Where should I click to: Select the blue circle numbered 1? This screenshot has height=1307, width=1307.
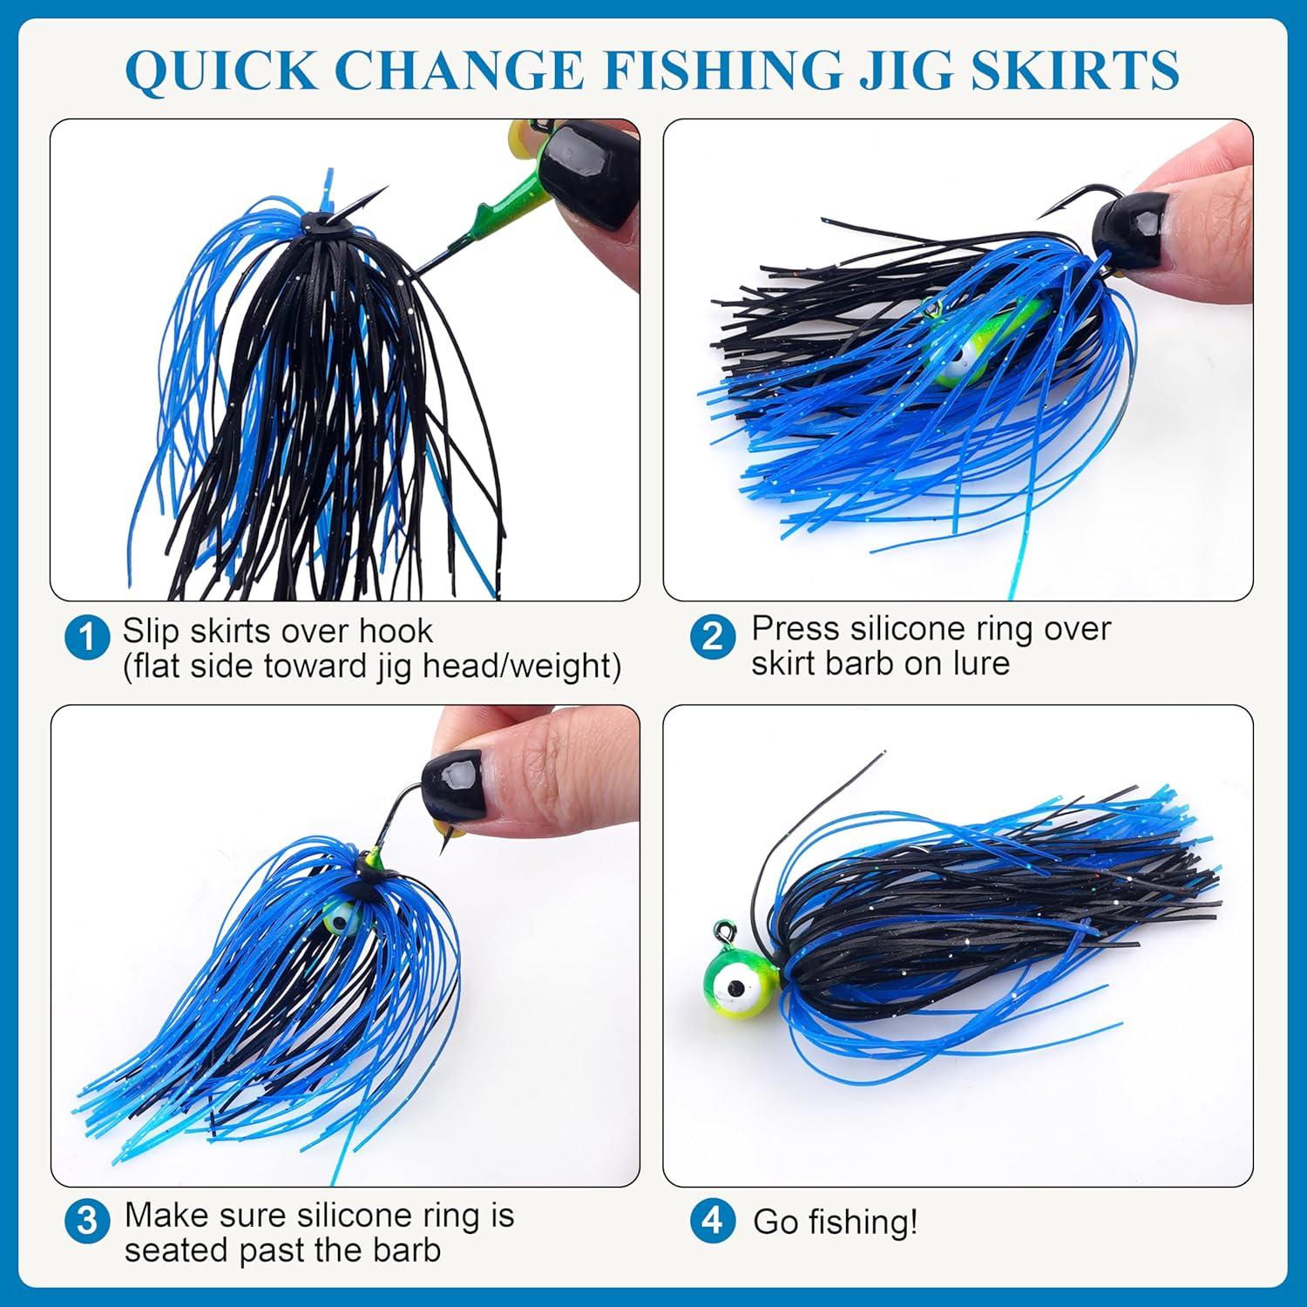(87, 639)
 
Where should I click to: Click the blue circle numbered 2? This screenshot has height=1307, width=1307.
(712, 638)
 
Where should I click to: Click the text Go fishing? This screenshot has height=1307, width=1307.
(835, 1222)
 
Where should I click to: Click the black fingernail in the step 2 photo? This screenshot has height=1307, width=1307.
(1128, 229)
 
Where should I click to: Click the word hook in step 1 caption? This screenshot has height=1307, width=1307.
(396, 630)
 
